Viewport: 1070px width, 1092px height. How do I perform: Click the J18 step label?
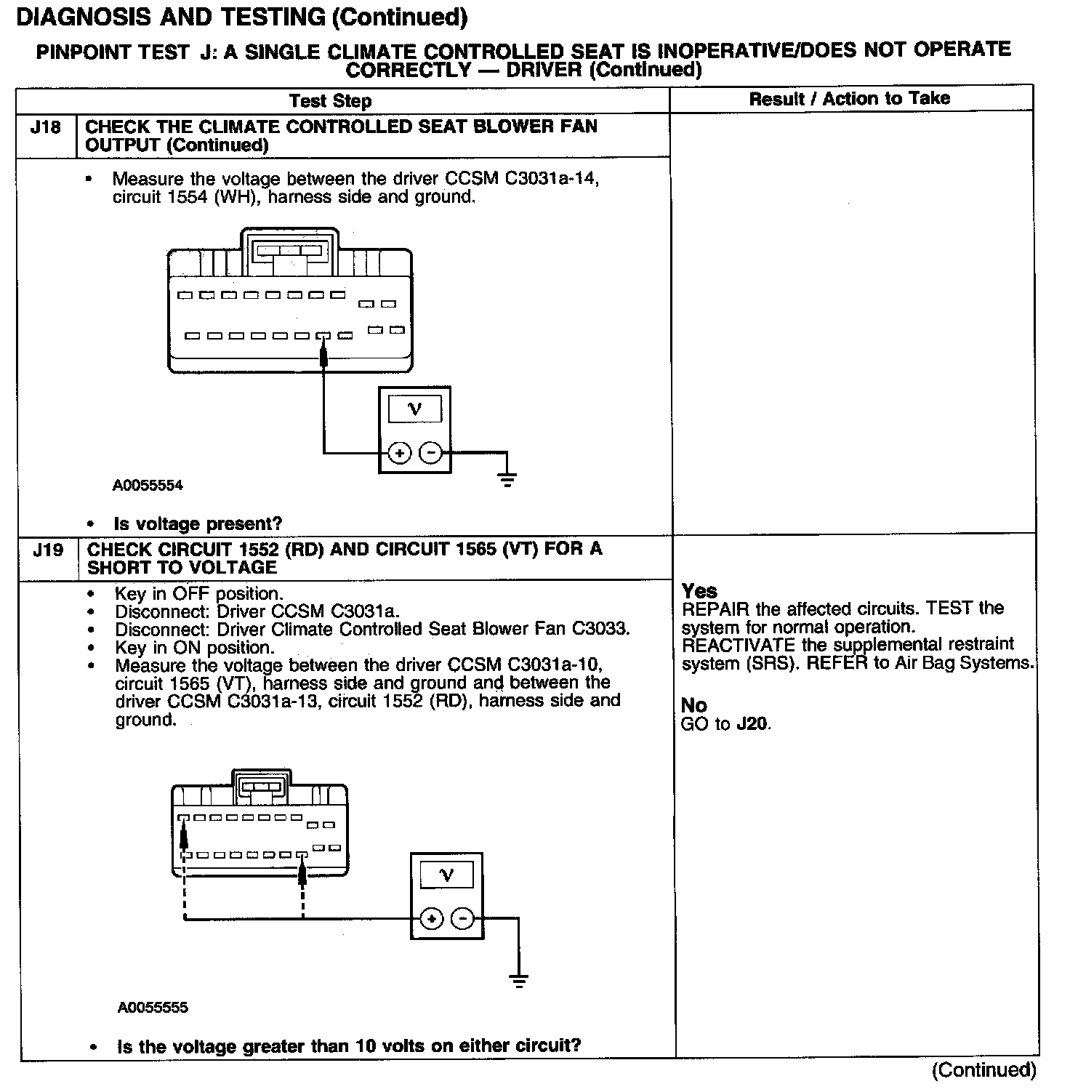coord(45,128)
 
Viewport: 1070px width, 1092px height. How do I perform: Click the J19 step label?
coord(48,550)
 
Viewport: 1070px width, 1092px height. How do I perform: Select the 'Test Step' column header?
coord(330,101)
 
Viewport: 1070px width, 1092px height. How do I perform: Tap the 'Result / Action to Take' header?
coord(849,99)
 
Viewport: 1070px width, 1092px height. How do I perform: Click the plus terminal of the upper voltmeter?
coord(399,454)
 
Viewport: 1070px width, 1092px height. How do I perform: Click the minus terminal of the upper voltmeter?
coord(431,454)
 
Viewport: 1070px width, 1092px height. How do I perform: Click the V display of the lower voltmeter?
coord(447,875)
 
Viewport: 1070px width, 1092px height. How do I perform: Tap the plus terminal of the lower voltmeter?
coord(432,919)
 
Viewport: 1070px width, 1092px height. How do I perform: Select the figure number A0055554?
coord(148,486)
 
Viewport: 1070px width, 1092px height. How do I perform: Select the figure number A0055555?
coord(153,1008)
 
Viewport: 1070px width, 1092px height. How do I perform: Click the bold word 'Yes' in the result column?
coord(699,591)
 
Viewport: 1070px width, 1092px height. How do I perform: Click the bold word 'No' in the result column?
coord(693,705)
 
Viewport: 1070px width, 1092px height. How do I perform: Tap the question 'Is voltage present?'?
coord(198,523)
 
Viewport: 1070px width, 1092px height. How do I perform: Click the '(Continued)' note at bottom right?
coord(984,1069)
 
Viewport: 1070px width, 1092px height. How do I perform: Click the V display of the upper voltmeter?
coord(414,409)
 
